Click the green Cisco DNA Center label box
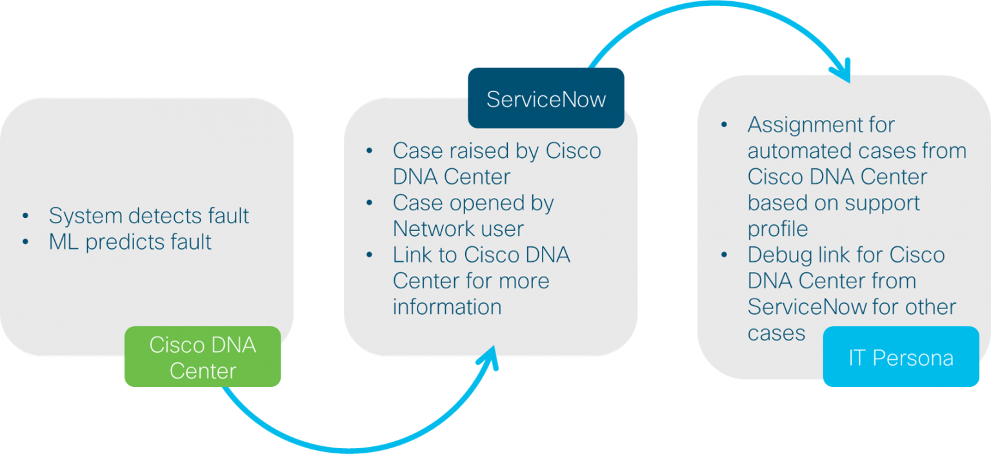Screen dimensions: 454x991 click(203, 357)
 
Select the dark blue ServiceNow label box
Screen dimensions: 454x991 click(546, 99)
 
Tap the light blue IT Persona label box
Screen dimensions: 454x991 click(901, 357)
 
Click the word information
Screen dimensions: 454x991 click(447, 307)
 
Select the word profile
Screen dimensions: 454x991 click(778, 229)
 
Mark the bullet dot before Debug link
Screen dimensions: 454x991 click(725, 255)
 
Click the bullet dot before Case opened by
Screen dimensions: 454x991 click(370, 202)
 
